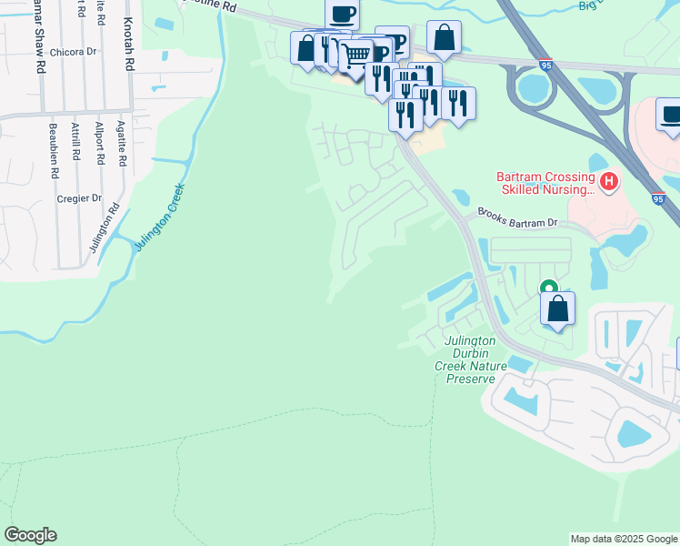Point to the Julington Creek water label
coord(161,217)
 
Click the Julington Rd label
coord(115,220)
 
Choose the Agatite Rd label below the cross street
coord(122,147)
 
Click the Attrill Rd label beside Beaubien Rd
coord(77,147)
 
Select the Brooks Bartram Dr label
coord(517,222)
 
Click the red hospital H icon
coord(608,183)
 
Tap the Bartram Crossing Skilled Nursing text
coord(545,183)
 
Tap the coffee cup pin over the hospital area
coord(671,117)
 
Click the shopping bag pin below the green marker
coord(558,308)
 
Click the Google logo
coord(30,535)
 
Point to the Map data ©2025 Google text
coord(624,539)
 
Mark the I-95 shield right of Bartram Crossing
coord(658,197)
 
